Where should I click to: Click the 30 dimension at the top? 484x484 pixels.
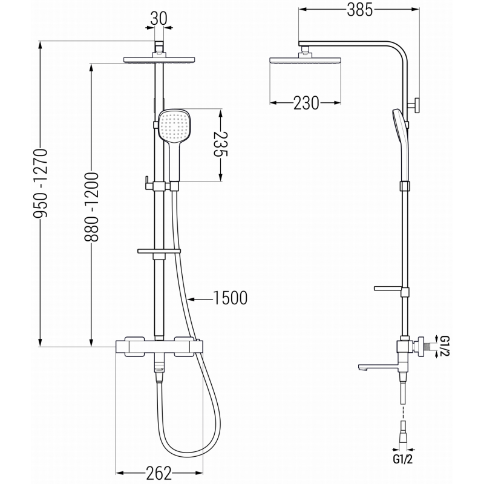159,18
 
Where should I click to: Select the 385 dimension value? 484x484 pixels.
359,9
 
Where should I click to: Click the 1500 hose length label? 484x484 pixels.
229,297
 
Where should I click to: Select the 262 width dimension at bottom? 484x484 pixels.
159,473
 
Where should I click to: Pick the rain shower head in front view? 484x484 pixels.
159,60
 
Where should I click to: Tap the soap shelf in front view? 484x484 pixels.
159,250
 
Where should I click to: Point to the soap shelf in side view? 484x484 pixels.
390,287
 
